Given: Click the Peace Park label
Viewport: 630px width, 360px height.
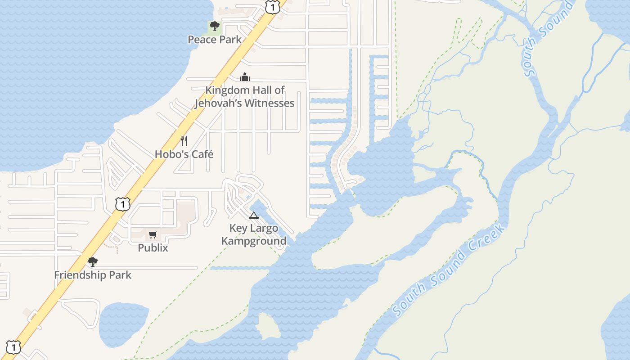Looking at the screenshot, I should pyautogui.click(x=215, y=39).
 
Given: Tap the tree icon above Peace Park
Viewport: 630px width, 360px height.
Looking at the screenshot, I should pyautogui.click(x=215, y=26).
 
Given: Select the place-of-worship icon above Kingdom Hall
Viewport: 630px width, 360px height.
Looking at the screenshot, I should pyautogui.click(x=245, y=77).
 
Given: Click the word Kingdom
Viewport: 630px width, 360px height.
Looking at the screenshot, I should pyautogui.click(x=227, y=90).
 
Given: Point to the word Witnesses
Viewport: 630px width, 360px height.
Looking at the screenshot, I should pyautogui.click(x=270, y=103).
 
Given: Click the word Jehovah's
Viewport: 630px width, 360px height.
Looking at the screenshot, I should pyautogui.click(x=218, y=103).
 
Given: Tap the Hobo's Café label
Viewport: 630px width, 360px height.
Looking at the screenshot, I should pyautogui.click(x=184, y=154).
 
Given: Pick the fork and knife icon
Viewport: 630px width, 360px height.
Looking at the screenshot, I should pyautogui.click(x=184, y=141).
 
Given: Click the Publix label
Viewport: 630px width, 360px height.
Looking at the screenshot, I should pyautogui.click(x=153, y=247).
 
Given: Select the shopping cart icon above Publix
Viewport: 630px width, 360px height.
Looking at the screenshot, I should pyautogui.click(x=153, y=234).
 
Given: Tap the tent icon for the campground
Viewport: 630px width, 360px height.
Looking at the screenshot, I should pyautogui.click(x=254, y=215).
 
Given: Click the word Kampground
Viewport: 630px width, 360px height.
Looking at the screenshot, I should pyautogui.click(x=254, y=241).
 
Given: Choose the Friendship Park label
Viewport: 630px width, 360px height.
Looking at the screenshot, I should pyautogui.click(x=93, y=275).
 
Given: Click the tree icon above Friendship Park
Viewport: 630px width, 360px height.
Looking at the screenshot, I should pyautogui.click(x=93, y=261).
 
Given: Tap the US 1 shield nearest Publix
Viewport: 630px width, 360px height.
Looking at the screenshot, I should pyautogui.click(x=122, y=204).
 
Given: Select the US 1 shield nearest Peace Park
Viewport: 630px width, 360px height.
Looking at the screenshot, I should pyautogui.click(x=272, y=6).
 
